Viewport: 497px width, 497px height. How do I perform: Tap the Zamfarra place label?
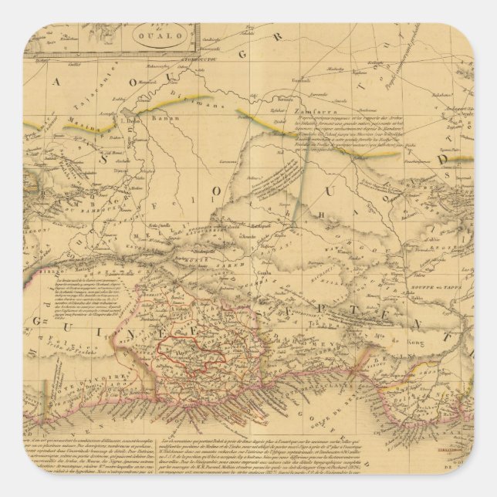pos(287,111)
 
